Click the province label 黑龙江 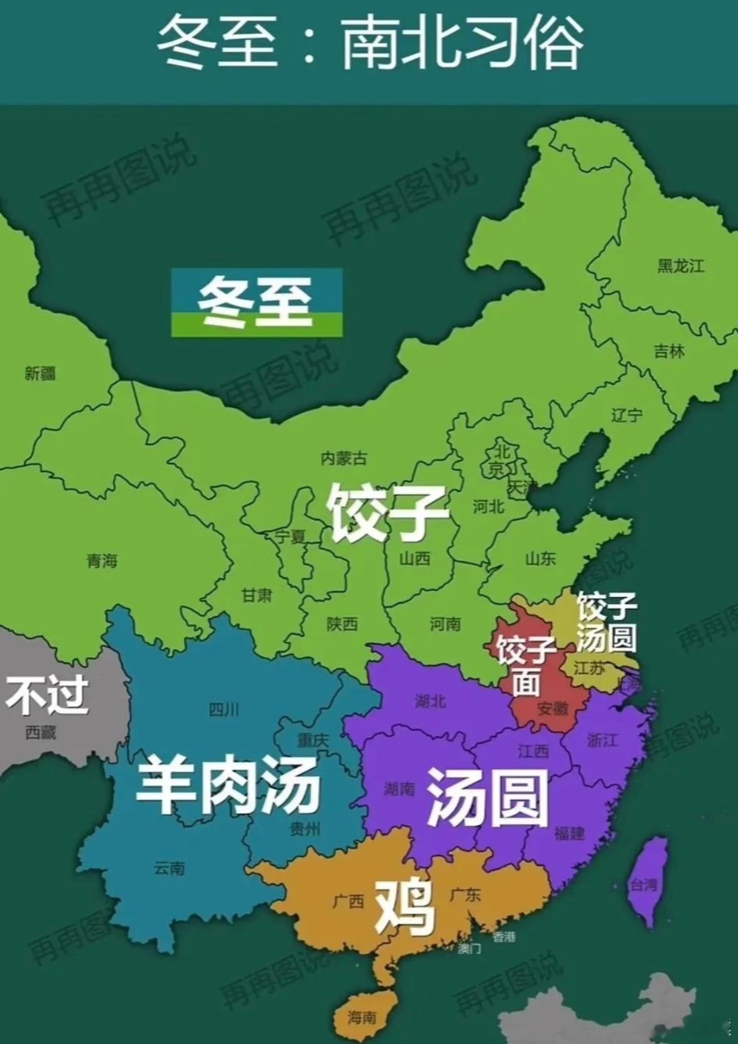click(680, 266)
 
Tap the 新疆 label click(40, 374)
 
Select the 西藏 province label click(41, 732)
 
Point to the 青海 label click(102, 560)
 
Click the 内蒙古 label click(344, 459)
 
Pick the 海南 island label click(362, 1018)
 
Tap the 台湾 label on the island click(643, 885)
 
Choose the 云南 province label click(169, 868)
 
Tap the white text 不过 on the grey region click(47, 695)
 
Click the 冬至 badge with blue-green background click(257, 303)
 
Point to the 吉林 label click(669, 351)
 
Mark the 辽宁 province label click(627, 415)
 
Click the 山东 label click(540, 558)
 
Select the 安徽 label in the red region click(553, 708)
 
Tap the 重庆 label click(312, 740)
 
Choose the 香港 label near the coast click(504, 937)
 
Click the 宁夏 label click(290, 536)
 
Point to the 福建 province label click(569, 832)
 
